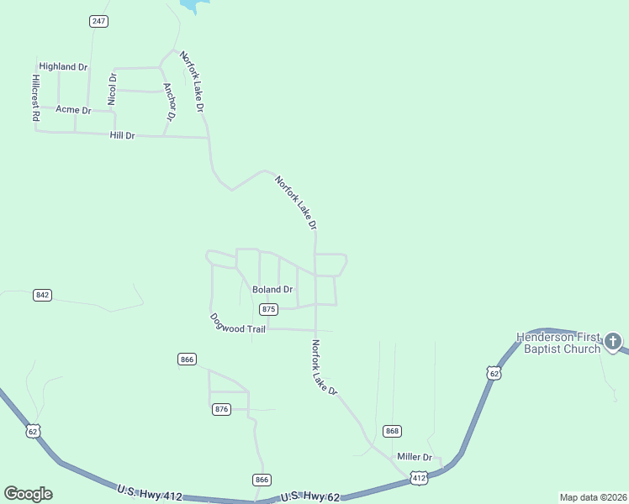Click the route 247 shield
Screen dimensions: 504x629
coord(98,21)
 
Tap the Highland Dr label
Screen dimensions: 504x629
coord(63,66)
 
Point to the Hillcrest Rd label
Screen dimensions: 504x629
coord(36,99)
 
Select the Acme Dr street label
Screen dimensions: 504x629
coord(73,110)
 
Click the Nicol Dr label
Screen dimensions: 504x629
coord(112,88)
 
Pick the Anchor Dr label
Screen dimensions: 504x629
coord(169,102)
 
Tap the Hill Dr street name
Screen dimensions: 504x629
coord(122,135)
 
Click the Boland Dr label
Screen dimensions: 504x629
coord(272,290)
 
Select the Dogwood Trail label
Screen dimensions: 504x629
coord(237,323)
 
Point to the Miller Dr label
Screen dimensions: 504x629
coord(414,457)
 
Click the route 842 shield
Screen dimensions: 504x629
coord(42,295)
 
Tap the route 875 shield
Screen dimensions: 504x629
coord(268,309)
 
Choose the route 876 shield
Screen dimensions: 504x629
coord(221,409)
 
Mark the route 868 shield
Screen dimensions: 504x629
coord(391,431)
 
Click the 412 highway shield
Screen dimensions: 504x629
coord(419,478)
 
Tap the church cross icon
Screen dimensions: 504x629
coord(613,342)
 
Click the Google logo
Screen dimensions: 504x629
coord(28,494)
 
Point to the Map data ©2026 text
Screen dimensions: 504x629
coord(593,496)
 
